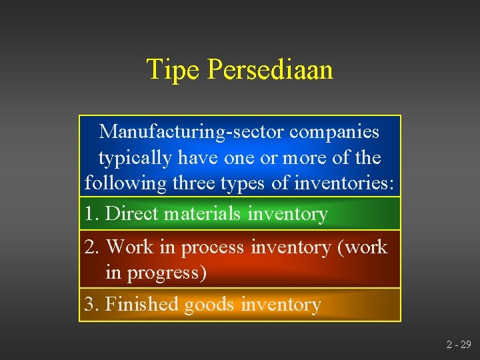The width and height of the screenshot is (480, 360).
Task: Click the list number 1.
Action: coord(91,213)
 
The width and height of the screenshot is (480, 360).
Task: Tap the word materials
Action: coord(203,213)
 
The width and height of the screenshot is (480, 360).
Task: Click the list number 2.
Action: coord(91,247)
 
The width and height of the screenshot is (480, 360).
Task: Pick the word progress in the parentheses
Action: coord(164,273)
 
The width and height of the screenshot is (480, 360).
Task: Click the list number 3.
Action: coord(91,304)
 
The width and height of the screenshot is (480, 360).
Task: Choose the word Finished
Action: coord(142,304)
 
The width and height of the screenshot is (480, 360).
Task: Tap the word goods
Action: coord(209,305)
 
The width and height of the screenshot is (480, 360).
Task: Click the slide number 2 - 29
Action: coord(458,345)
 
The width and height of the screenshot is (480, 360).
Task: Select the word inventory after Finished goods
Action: coord(281,305)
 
